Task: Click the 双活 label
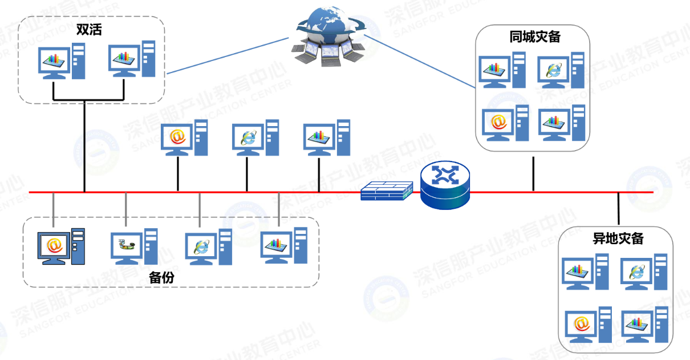[x=89, y=30]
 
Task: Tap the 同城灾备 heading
[x=534, y=37]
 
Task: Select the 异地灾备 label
[x=618, y=238]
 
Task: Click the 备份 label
[x=161, y=278]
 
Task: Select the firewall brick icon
[x=387, y=191]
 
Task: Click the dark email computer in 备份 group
[x=61, y=246]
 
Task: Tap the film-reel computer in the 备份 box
[x=134, y=246]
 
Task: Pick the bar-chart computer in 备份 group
[x=283, y=246]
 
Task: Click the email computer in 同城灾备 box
[x=504, y=123]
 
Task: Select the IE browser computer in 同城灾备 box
[x=561, y=71]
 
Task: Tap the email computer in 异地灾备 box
[x=587, y=326]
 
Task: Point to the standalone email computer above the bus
[x=184, y=138]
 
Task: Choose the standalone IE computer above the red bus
[x=255, y=138]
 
